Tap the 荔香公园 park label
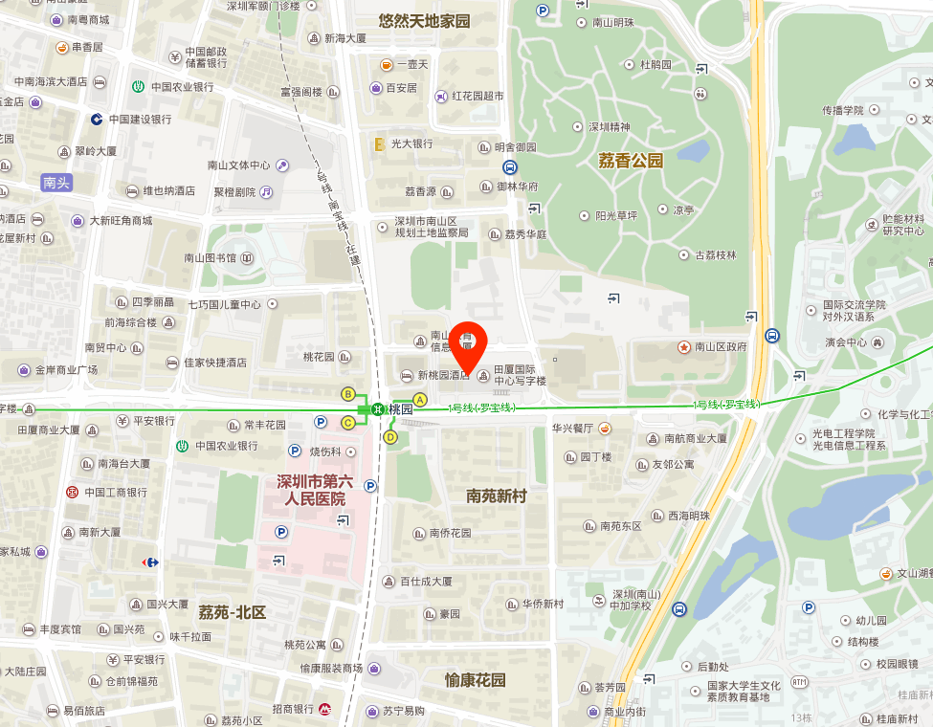631,161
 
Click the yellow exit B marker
348,394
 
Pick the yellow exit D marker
389,437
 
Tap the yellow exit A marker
419,399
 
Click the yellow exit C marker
348,422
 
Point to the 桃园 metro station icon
379,409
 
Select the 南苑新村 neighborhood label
497,496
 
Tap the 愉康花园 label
475,680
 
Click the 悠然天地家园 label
424,20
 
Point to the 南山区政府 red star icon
684,346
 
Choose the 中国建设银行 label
140,120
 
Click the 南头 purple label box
56,183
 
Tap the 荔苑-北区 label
232,612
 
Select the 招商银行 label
293,709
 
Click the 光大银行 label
410,143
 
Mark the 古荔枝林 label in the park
715,254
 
